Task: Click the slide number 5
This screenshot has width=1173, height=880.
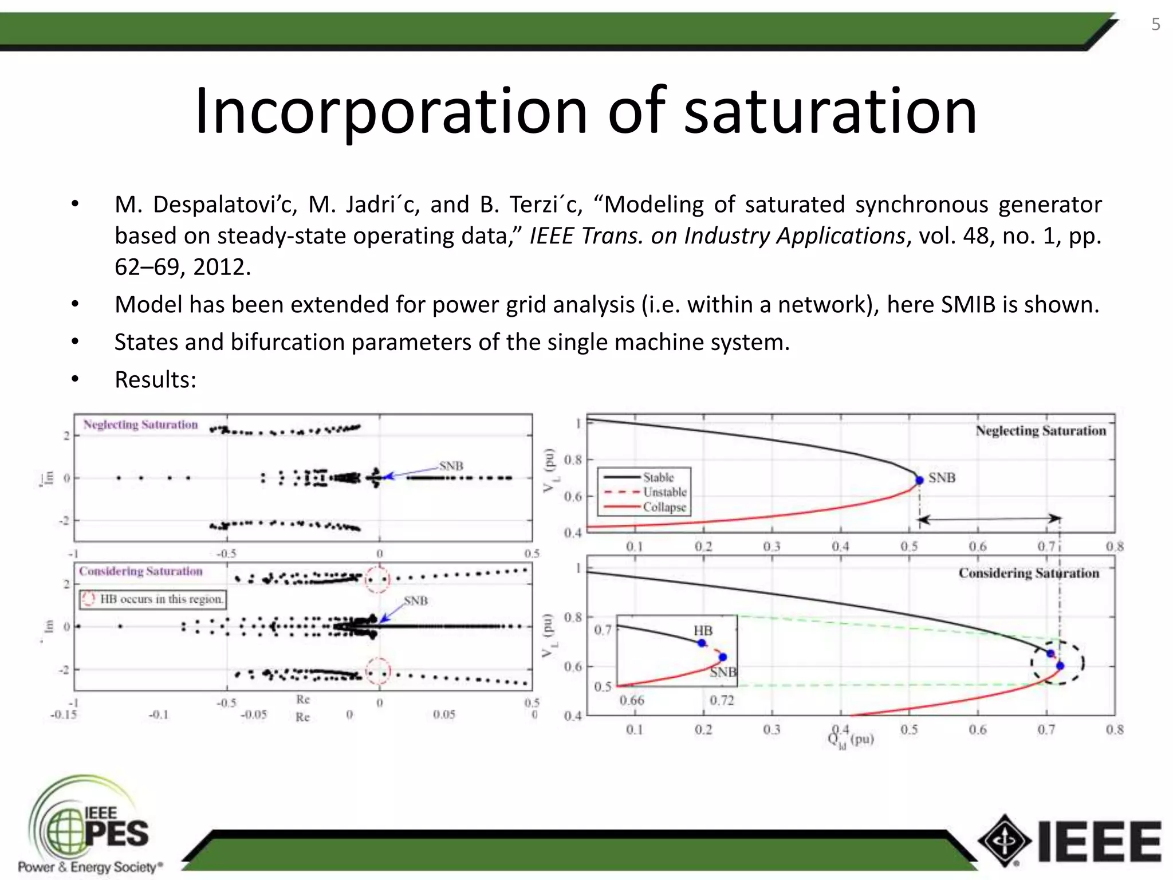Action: tap(1155, 25)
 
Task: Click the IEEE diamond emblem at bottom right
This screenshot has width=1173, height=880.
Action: tap(1005, 841)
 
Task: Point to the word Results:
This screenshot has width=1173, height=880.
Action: tap(155, 380)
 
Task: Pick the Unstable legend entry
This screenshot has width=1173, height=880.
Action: tap(664, 492)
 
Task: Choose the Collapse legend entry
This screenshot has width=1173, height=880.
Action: tap(664, 507)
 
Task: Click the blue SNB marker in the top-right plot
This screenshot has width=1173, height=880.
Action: tap(919, 480)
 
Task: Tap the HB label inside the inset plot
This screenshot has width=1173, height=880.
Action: tap(703, 630)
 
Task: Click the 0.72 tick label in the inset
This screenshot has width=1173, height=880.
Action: tap(721, 700)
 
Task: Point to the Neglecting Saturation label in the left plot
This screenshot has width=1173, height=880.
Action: tap(140, 425)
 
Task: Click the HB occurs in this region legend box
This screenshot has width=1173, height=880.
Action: tap(152, 599)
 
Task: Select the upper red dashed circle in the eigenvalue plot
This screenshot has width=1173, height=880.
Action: tap(377, 579)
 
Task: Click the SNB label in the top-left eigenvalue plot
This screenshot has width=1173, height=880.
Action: tap(451, 466)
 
